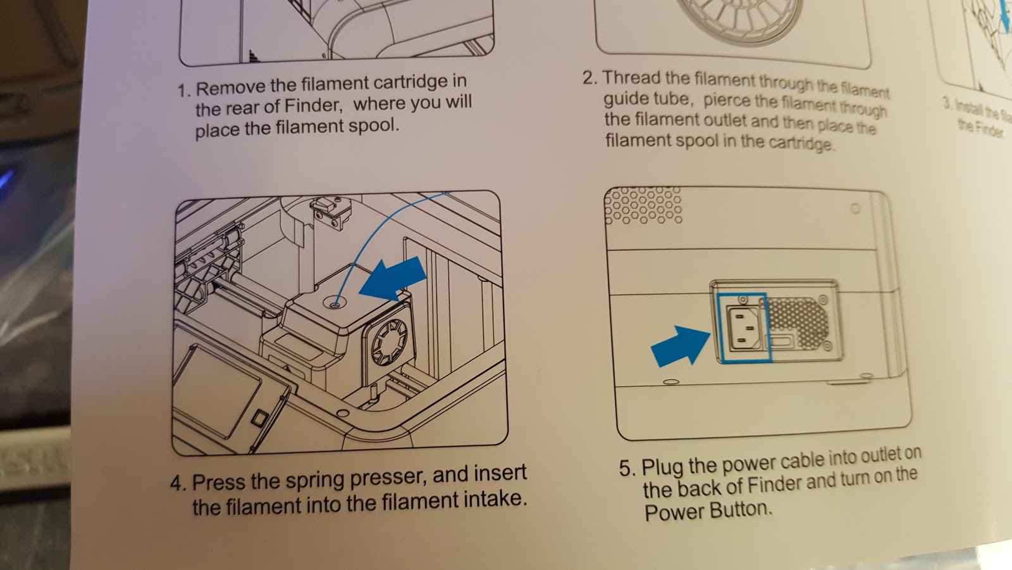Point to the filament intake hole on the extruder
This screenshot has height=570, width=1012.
[335, 304]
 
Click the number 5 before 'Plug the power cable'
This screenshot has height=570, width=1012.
[626, 469]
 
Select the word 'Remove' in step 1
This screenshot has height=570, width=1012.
[231, 87]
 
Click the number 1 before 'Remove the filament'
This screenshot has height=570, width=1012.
[183, 91]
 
